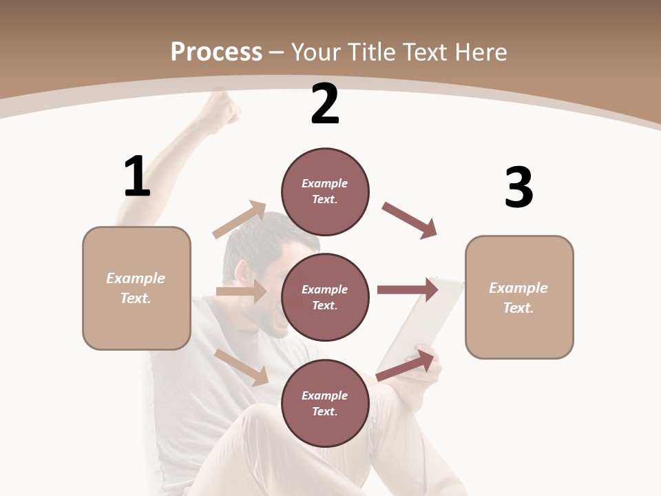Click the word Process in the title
(x=216, y=52)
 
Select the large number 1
(x=137, y=176)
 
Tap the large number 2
(x=325, y=104)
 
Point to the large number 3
(x=518, y=187)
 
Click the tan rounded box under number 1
(x=136, y=288)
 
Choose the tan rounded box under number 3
(x=519, y=297)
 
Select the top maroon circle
(x=325, y=192)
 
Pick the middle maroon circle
(x=325, y=297)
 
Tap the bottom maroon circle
(x=325, y=403)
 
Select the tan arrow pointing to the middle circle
(x=241, y=291)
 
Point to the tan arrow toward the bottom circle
(x=242, y=366)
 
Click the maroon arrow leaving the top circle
(x=410, y=220)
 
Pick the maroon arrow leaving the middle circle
(x=408, y=289)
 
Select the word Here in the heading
(x=479, y=52)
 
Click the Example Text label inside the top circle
(x=325, y=192)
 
